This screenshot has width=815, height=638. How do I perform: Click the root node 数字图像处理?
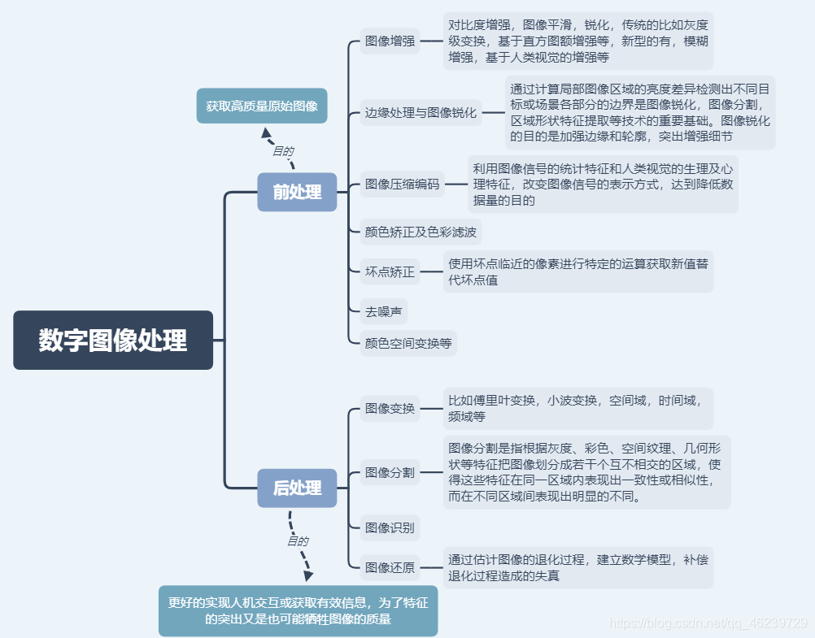113,341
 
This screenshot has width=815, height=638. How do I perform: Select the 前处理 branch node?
297,192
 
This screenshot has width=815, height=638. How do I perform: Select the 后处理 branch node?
297,488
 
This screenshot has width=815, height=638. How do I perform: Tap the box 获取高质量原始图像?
262,106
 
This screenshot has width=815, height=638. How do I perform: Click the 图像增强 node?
390,40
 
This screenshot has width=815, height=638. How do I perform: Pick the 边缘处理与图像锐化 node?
421,113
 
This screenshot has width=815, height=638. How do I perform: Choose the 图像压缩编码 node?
402,184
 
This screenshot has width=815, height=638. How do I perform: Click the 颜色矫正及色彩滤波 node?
421,232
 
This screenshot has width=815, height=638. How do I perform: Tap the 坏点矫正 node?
390,271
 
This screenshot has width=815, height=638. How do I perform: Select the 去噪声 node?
383,310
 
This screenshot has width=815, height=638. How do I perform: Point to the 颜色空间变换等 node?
408,343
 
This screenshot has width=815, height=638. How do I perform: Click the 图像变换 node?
390,408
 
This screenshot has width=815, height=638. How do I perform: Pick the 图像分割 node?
390,472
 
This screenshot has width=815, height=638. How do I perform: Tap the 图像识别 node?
390,527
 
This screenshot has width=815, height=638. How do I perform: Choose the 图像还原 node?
390,567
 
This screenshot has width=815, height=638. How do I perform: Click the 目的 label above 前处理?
282,151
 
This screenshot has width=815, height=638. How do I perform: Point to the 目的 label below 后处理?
297,540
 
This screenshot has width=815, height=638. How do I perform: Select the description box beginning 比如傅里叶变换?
577,408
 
